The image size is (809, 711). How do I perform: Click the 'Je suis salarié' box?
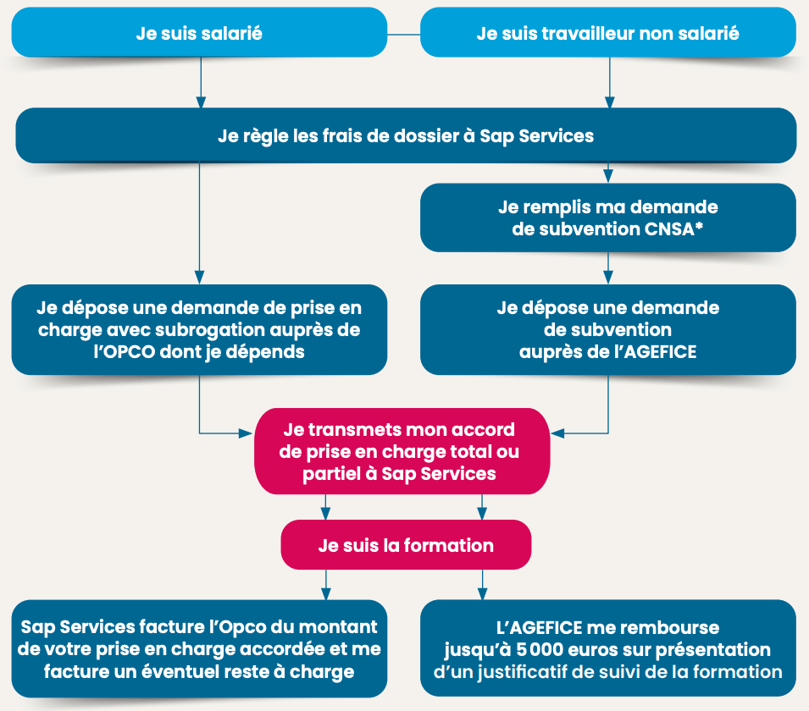pyautogui.click(x=199, y=32)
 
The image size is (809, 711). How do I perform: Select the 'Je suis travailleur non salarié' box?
pyautogui.click(x=607, y=32)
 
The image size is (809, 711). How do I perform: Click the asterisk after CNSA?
pyautogui.click(x=699, y=226)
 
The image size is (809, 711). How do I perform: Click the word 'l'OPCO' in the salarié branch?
pyautogui.click(x=125, y=352)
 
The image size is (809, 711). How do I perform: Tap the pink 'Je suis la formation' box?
pyautogui.click(x=406, y=544)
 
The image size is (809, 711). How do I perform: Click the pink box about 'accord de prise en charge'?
pyautogui.click(x=402, y=451)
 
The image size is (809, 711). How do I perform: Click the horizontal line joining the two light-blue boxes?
pyautogui.click(x=404, y=35)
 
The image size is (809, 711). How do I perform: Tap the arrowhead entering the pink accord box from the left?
pyautogui.click(x=247, y=433)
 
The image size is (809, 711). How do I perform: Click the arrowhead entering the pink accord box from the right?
pyautogui.click(x=557, y=433)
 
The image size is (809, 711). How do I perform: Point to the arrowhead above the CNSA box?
pyautogui.click(x=608, y=176)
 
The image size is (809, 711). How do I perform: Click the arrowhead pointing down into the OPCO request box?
pyautogui.click(x=200, y=277)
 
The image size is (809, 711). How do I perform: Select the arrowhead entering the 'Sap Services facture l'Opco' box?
pyautogui.click(x=325, y=593)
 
